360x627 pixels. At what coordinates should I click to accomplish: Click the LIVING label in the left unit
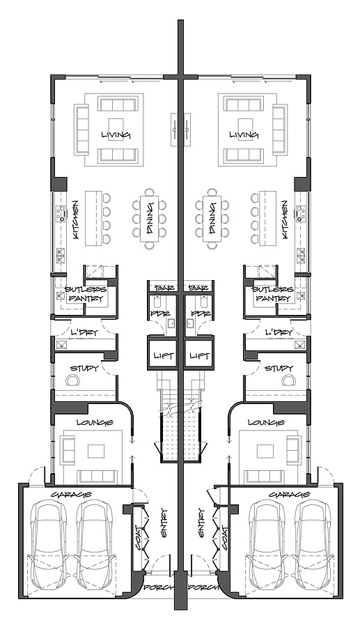(x=116, y=134)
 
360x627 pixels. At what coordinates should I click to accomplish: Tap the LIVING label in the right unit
(x=244, y=134)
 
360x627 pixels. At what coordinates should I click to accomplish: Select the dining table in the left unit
(x=150, y=219)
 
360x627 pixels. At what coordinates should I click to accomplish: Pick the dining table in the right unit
(x=210, y=219)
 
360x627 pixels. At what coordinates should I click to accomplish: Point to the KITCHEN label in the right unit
(x=285, y=219)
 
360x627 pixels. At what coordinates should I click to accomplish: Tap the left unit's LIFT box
(x=163, y=356)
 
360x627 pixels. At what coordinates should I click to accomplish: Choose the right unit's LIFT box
(x=200, y=356)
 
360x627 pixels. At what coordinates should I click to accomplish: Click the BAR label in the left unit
(x=164, y=288)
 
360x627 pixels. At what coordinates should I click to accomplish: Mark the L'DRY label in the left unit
(x=83, y=333)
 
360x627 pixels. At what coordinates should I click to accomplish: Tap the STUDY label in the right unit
(x=279, y=368)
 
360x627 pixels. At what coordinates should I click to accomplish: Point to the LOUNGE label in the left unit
(x=91, y=422)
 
